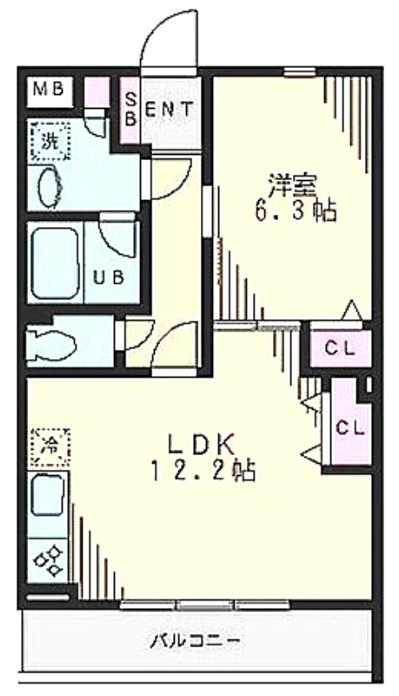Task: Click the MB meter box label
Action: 49,90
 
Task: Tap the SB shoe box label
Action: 130,110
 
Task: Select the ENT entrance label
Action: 170,110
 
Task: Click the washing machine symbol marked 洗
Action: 50,141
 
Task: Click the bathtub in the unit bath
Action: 56,264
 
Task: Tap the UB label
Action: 109,278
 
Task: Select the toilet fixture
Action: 52,343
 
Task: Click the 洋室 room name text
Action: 292,185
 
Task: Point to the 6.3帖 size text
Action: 295,211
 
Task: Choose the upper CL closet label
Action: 340,349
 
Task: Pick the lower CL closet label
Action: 350,428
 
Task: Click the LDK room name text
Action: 201,444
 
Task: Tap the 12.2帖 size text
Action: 203,471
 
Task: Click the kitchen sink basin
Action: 47,494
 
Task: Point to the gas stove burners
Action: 48,560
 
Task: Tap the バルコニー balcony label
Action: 195,641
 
